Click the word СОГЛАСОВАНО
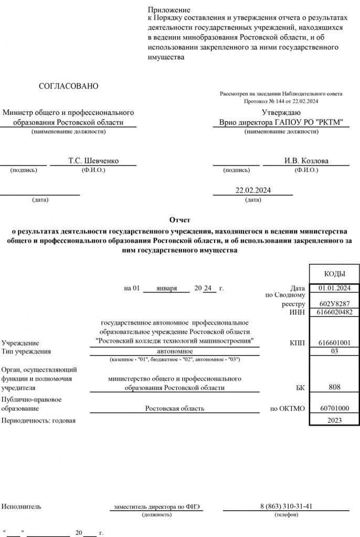68,86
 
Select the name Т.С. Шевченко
93,160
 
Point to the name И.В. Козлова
306,160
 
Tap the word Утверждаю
281,112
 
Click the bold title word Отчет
180,220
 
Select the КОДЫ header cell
334,274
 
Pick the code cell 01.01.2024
334,288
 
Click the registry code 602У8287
334,304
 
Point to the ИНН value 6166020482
334,312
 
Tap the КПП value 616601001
334,343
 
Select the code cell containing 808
334,387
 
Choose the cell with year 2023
334,421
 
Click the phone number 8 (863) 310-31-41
286,506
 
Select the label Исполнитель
21,507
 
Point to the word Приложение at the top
168,9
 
